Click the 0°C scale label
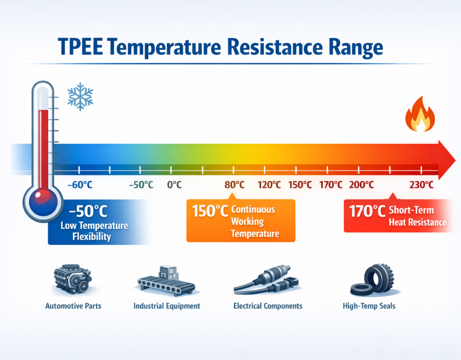(x=174, y=185)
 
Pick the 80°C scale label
(x=234, y=185)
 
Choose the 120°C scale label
(x=269, y=185)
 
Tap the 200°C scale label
(x=361, y=185)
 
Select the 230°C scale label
(x=422, y=185)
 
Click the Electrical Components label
(x=268, y=305)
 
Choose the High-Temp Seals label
(x=369, y=305)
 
